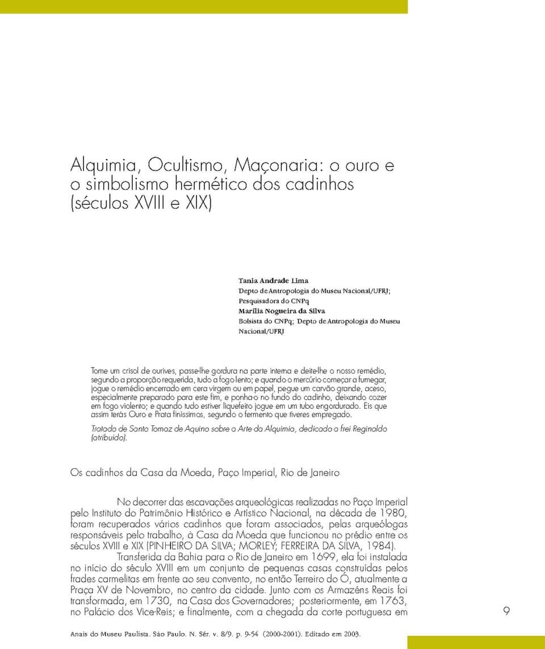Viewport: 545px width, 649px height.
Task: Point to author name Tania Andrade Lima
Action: click(273, 280)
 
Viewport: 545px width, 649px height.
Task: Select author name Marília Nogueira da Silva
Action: click(282, 311)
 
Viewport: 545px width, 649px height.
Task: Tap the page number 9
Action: click(506, 611)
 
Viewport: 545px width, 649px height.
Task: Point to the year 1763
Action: click(392, 601)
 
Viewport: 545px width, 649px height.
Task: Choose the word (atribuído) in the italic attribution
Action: click(110, 438)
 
